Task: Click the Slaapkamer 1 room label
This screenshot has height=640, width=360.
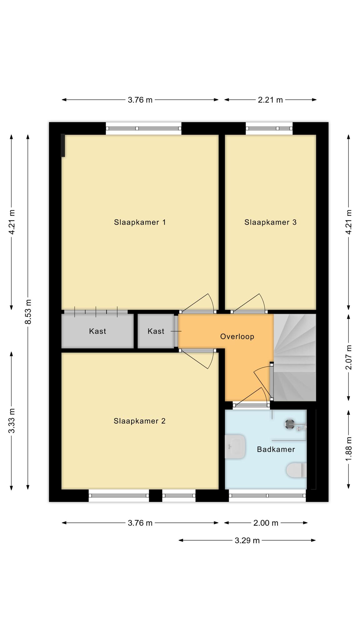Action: (140, 222)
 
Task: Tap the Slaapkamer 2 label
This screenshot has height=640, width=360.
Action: (139, 421)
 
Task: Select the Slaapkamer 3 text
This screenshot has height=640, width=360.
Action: (270, 222)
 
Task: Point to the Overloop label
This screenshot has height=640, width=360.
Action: (237, 337)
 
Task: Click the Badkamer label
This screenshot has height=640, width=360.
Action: (276, 449)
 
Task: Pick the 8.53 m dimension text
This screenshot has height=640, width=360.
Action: (28, 312)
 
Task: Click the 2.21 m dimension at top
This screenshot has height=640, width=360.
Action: (270, 100)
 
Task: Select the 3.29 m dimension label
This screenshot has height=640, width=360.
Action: (247, 540)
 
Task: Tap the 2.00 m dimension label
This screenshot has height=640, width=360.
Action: (266, 523)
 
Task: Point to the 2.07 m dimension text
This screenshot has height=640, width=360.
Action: (349, 357)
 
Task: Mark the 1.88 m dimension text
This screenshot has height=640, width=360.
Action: (349, 448)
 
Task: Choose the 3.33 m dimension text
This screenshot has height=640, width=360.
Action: (12, 421)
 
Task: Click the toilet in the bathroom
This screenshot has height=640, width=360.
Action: (297, 470)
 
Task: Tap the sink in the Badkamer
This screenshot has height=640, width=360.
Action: (235, 447)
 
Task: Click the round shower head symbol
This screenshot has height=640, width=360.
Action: (289, 424)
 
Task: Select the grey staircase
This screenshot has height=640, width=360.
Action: (295, 357)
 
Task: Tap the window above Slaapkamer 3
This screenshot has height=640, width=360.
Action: (269, 128)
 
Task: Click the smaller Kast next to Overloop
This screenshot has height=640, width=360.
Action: (156, 331)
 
